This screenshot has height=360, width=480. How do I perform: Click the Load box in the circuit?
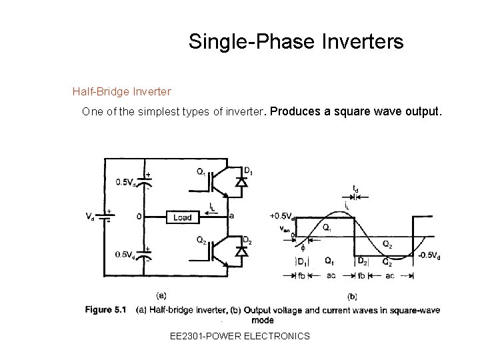[183, 217]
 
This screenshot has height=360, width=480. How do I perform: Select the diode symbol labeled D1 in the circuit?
[241, 181]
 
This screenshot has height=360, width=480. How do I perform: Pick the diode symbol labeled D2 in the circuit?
[241, 251]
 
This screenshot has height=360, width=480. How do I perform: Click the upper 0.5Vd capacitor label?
[127, 181]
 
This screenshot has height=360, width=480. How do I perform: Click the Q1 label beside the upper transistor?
[201, 171]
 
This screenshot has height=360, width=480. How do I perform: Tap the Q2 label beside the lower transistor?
[201, 241]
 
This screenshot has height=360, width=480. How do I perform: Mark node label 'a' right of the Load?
[231, 216]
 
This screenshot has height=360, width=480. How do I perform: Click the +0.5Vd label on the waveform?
[282, 216]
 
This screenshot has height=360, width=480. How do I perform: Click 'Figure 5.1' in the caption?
[106, 309]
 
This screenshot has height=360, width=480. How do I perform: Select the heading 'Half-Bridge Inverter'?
[122, 90]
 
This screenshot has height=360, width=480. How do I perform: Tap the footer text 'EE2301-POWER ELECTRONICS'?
[240, 336]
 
